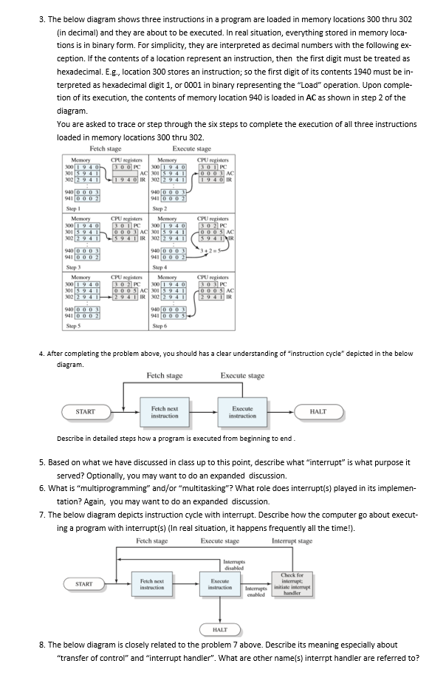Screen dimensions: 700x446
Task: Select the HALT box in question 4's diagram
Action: point(318,411)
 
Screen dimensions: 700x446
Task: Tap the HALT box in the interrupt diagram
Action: point(219,628)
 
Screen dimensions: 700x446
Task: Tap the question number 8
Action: point(41,645)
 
